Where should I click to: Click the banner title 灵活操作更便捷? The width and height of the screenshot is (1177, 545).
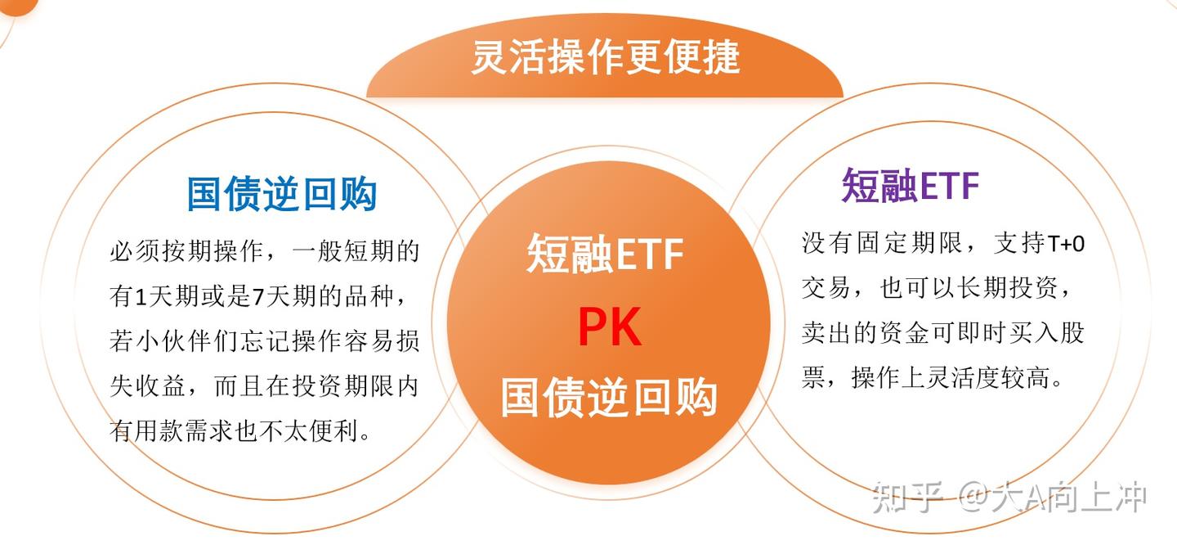605,57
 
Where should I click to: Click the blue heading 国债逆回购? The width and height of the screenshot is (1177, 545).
282,195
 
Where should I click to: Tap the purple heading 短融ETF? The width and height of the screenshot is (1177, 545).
911,186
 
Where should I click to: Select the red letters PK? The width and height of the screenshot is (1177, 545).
609,327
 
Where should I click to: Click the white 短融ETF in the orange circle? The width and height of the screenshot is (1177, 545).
605,253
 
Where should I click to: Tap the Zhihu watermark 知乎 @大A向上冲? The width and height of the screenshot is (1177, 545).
1009,498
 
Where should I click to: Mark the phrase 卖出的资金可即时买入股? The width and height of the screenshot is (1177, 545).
942,333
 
